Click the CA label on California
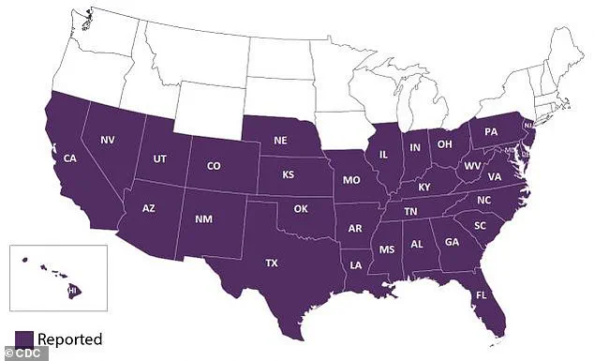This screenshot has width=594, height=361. (x=69, y=158)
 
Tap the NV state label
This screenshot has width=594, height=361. (x=109, y=140)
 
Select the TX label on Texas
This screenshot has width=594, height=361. (x=272, y=263)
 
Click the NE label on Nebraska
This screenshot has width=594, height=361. (x=279, y=140)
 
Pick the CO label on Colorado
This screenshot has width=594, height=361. (x=214, y=166)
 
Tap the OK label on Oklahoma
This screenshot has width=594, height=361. (x=300, y=207)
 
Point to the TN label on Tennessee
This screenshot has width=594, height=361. (x=409, y=212)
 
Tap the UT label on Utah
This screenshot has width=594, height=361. (x=160, y=159)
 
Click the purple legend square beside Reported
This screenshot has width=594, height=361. (x=24, y=338)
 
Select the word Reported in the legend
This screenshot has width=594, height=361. (x=70, y=338)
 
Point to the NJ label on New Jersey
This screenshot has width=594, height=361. (x=528, y=125)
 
